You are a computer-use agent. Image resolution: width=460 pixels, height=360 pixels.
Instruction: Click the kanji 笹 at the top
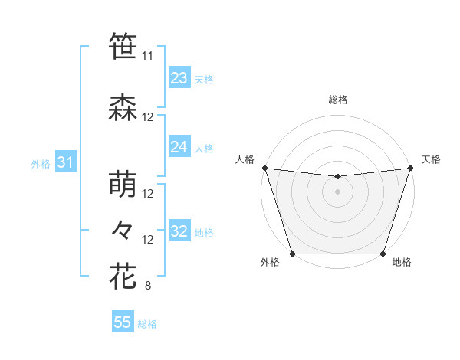tap(123, 45)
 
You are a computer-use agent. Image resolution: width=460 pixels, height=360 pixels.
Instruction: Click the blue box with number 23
tap(179, 78)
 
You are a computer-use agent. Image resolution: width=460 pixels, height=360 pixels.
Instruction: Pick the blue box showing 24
tap(179, 147)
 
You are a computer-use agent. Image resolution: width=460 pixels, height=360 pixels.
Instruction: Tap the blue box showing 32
tap(179, 231)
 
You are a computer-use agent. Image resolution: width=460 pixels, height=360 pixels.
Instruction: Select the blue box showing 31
tap(65, 162)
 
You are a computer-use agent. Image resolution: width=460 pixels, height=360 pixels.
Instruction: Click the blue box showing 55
tap(123, 322)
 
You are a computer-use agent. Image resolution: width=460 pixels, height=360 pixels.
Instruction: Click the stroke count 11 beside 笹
tap(148, 56)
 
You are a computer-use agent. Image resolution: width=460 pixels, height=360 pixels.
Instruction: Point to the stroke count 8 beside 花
tap(148, 287)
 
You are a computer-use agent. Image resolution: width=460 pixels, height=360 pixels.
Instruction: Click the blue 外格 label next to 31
tap(41, 163)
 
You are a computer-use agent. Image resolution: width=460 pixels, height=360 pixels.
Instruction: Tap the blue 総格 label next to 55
tap(147, 324)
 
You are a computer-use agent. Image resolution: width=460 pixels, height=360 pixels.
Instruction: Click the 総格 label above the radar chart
tap(337, 100)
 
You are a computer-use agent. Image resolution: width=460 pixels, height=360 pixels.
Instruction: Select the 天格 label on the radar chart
tap(431, 159)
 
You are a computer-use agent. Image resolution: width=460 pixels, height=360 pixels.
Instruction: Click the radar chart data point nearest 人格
tap(264, 168)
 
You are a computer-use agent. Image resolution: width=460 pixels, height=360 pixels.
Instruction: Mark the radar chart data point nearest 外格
tap(292, 254)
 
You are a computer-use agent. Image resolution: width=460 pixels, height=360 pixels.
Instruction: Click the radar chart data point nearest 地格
tap(383, 254)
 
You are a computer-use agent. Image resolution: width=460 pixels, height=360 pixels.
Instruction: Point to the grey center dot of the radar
tap(337, 191)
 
